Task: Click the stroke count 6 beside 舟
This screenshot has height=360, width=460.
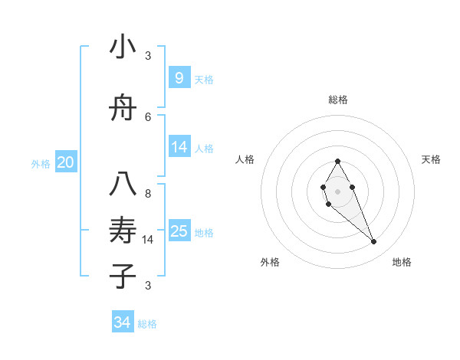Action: pyautogui.click(x=148, y=116)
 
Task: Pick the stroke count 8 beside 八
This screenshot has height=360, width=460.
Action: pyautogui.click(x=148, y=194)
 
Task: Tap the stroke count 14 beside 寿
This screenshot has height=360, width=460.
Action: pyautogui.click(x=148, y=240)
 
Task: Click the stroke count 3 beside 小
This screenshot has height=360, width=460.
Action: pyautogui.click(x=148, y=55)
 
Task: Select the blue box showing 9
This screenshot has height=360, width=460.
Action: pyautogui.click(x=179, y=77)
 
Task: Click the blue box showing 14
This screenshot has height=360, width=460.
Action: pyautogui.click(x=179, y=147)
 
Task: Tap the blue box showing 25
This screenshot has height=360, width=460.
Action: pyautogui.click(x=179, y=231)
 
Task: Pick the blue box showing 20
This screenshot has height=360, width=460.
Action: pyautogui.click(x=66, y=162)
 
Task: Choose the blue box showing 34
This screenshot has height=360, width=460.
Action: pyautogui.click(x=123, y=322)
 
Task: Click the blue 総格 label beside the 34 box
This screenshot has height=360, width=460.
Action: pyautogui.click(x=147, y=324)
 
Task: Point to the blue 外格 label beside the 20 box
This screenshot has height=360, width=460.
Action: pyautogui.click(x=41, y=163)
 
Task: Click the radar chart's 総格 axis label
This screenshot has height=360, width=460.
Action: pyautogui.click(x=337, y=100)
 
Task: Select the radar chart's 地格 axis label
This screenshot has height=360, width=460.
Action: pyautogui.click(x=402, y=262)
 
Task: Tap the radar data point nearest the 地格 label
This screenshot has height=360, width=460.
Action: pyautogui.click(x=374, y=242)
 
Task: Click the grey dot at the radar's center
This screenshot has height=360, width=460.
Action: pyautogui.click(x=337, y=191)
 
